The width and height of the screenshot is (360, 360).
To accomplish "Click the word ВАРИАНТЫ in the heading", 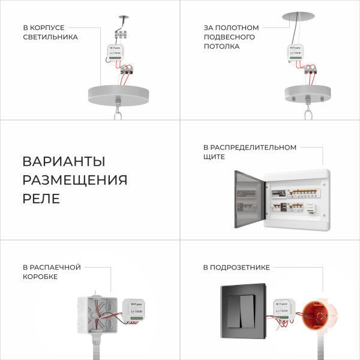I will (64, 161).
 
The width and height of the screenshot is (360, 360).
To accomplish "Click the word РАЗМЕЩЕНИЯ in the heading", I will (74, 180).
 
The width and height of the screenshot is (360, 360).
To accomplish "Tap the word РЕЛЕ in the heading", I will (41, 199).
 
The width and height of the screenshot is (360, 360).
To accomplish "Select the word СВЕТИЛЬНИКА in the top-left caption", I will (50, 37).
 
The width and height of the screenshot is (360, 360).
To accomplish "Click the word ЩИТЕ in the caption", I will (214, 157).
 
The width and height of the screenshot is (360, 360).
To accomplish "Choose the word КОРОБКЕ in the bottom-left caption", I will (40, 277).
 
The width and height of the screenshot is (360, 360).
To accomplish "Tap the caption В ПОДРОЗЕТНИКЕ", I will (236, 267).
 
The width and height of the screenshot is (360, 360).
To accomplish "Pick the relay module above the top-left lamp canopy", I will (117, 54).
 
